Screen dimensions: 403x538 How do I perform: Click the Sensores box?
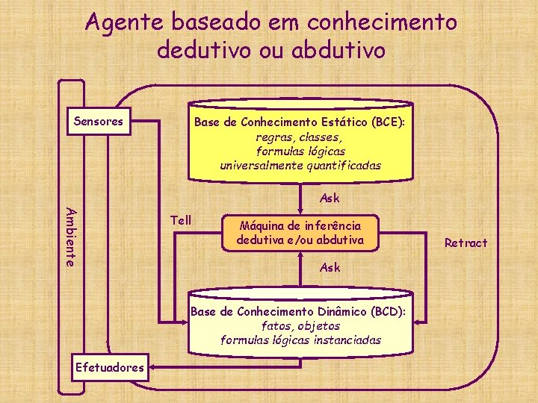pyautogui.click(x=99, y=122)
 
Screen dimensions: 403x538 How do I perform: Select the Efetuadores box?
pyautogui.click(x=110, y=366)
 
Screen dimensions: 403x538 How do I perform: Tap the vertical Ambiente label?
pyautogui.click(x=69, y=236)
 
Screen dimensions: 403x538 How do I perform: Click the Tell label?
pyautogui.click(x=182, y=220)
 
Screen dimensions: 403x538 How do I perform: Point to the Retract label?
pyautogui.click(x=466, y=243)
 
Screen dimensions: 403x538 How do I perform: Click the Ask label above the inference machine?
pyautogui.click(x=330, y=199)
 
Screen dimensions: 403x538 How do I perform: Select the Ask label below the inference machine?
pyautogui.click(x=330, y=267)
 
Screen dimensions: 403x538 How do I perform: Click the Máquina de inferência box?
pyautogui.click(x=300, y=233)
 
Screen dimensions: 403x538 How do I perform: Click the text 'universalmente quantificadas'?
pyautogui.click(x=300, y=165)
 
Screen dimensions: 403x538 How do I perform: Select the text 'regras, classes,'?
pyautogui.click(x=300, y=137)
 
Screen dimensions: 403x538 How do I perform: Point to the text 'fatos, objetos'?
pyautogui.click(x=300, y=325)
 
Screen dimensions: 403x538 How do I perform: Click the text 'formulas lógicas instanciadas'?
pyautogui.click(x=300, y=340)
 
